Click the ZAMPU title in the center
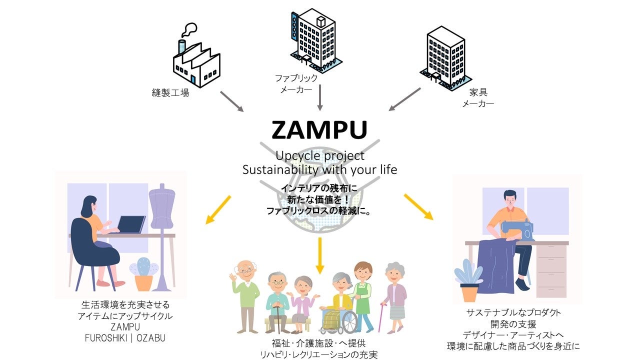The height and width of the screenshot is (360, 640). (319, 129)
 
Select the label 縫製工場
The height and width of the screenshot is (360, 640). (170, 93)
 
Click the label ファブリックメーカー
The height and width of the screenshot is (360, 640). (296, 83)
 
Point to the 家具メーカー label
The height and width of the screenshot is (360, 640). (478, 98)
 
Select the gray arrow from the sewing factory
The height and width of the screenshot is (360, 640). (231, 101)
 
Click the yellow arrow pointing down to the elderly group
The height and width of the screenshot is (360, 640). (320, 253)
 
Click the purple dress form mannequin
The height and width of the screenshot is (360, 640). (161, 210)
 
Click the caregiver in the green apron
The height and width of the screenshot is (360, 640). (362, 295)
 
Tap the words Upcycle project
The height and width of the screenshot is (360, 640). (320, 155)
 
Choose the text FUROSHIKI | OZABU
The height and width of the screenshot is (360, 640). (125, 338)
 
